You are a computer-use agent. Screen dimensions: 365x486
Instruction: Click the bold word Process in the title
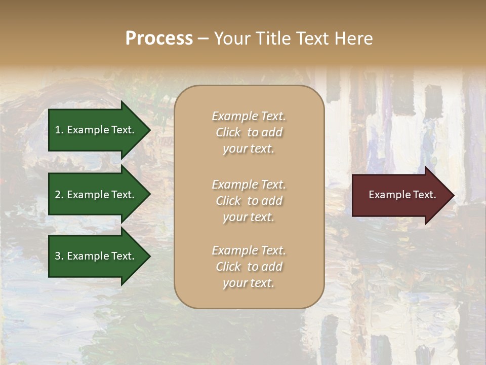[159, 39]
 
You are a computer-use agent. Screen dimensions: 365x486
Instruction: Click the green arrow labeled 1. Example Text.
[96, 130]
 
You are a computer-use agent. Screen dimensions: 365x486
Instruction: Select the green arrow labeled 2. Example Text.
[96, 195]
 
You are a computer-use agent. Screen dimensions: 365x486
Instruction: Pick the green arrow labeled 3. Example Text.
[96, 256]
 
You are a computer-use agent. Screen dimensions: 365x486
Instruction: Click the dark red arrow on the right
[400, 195]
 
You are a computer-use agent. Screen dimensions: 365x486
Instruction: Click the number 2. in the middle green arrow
[59, 195]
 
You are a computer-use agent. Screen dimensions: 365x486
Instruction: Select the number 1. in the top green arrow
[59, 130]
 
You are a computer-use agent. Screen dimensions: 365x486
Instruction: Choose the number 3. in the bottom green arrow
[59, 256]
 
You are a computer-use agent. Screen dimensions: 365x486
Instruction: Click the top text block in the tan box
[249, 132]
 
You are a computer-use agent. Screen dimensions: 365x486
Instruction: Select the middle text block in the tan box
[249, 201]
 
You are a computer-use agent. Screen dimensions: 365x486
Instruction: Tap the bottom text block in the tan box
[249, 267]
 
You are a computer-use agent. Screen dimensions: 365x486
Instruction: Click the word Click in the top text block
[228, 132]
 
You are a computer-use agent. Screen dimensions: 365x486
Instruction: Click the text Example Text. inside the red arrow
[402, 195]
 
